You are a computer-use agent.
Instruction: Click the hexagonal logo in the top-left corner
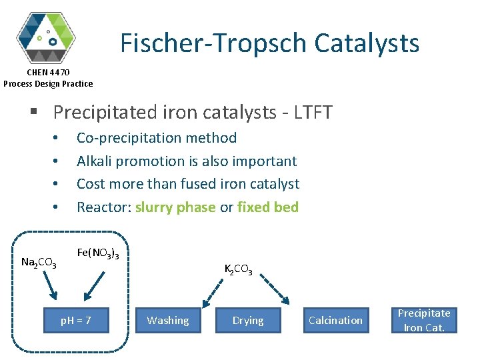coord(46,36)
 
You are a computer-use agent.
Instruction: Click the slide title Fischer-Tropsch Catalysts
coord(269,43)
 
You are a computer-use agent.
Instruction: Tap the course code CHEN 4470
coord(48,72)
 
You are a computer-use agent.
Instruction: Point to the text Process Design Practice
coord(48,83)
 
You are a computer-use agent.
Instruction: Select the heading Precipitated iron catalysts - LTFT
coord(192,112)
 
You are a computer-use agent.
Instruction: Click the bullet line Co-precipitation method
coord(157,138)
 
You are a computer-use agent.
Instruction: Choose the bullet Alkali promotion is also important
coord(187,161)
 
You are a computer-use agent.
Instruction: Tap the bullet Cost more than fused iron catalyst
coord(188,183)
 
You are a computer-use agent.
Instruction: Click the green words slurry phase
coord(175,207)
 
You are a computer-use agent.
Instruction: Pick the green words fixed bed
coord(268,207)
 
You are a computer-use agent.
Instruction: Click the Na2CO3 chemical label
coord(39,263)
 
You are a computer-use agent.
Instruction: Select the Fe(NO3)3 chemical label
coord(98,253)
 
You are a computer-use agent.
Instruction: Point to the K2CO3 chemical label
coord(238,269)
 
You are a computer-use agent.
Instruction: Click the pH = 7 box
coord(76,321)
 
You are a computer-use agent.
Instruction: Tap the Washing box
coord(168,321)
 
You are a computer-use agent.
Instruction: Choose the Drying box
coord(248,321)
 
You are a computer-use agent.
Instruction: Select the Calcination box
coord(336,321)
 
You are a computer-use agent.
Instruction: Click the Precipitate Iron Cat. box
coord(424,321)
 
